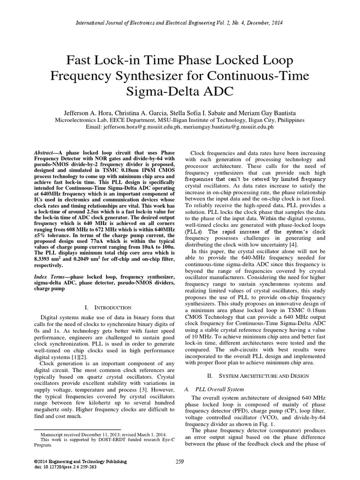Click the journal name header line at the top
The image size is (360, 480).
pyautogui.click(x=180, y=22)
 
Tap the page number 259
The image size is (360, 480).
pyautogui.click(x=180, y=462)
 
